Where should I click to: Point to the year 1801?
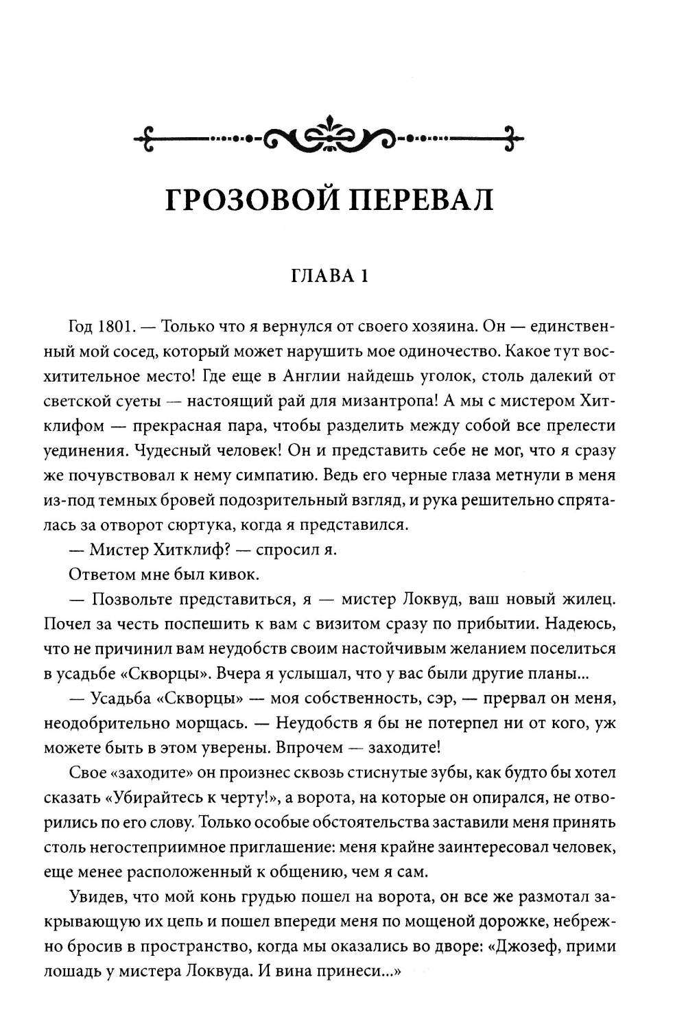[x=113, y=325]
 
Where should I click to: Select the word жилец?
[x=592, y=599]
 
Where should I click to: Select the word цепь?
[x=239, y=921]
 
